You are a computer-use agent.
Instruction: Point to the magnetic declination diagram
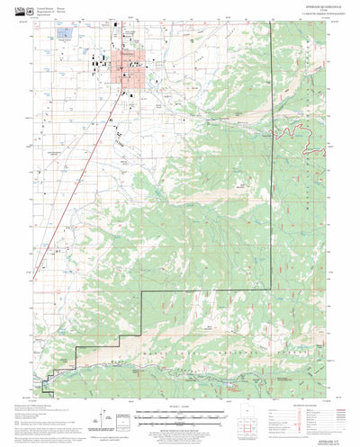(x=117, y=419)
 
